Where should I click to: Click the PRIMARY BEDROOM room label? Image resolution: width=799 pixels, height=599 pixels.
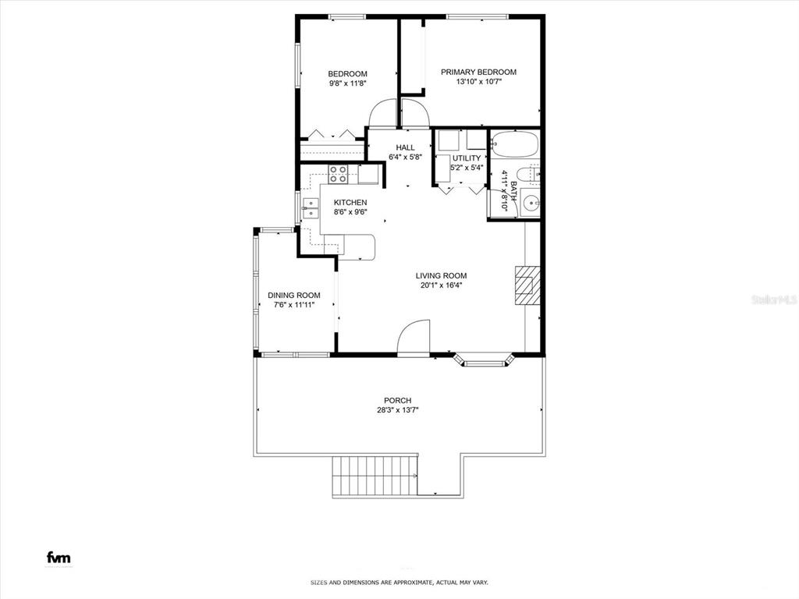pos(478,72)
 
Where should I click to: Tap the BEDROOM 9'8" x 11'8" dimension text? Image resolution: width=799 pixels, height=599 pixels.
pos(347,83)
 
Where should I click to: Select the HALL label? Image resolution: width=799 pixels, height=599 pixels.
pos(405,147)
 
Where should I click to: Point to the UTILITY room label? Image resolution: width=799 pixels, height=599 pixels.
pos(467,158)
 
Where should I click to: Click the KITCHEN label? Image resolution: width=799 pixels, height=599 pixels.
pos(350,203)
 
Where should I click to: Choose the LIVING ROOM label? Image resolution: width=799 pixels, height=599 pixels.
pos(441,275)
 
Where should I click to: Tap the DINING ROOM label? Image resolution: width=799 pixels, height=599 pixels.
pos(293,295)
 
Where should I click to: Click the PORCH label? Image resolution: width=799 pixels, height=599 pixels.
pos(397,400)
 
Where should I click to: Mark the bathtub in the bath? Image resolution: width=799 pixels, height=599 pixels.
pos(513,144)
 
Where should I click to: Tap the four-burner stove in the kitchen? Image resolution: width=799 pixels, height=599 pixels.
pos(339,174)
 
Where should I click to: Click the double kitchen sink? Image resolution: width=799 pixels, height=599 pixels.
pos(311,208)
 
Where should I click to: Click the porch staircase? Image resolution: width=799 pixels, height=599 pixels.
pos(373,477)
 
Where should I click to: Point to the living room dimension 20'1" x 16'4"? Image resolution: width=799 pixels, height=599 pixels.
pos(441,285)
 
